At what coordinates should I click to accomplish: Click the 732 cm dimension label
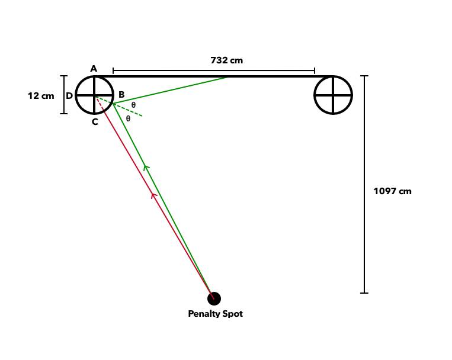coord(226,60)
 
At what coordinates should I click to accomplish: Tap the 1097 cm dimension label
coord(392,191)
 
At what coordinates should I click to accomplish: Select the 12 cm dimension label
coord(41,96)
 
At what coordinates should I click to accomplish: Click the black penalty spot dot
coord(214,298)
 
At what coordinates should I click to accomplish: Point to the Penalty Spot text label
coord(215,314)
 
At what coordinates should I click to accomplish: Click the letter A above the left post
coord(94,69)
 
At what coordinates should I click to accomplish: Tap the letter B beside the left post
coord(121,94)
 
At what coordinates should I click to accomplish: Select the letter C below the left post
coord(95,122)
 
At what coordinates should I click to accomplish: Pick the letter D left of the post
coord(69,95)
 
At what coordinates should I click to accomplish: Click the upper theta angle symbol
coord(133,105)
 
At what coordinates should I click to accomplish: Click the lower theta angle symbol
coord(128,118)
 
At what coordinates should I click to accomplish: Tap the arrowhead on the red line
coord(154,195)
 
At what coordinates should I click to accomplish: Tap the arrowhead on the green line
coord(146,167)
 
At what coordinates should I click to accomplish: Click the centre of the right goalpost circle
coord(333,95)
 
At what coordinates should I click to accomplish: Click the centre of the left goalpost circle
coord(94,95)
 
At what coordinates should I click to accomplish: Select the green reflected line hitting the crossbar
coord(171,90)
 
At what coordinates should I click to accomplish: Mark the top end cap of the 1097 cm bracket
coord(364,76)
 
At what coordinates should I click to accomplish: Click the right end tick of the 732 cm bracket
coord(315,70)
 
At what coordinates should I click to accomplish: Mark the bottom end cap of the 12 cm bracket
coord(64,114)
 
